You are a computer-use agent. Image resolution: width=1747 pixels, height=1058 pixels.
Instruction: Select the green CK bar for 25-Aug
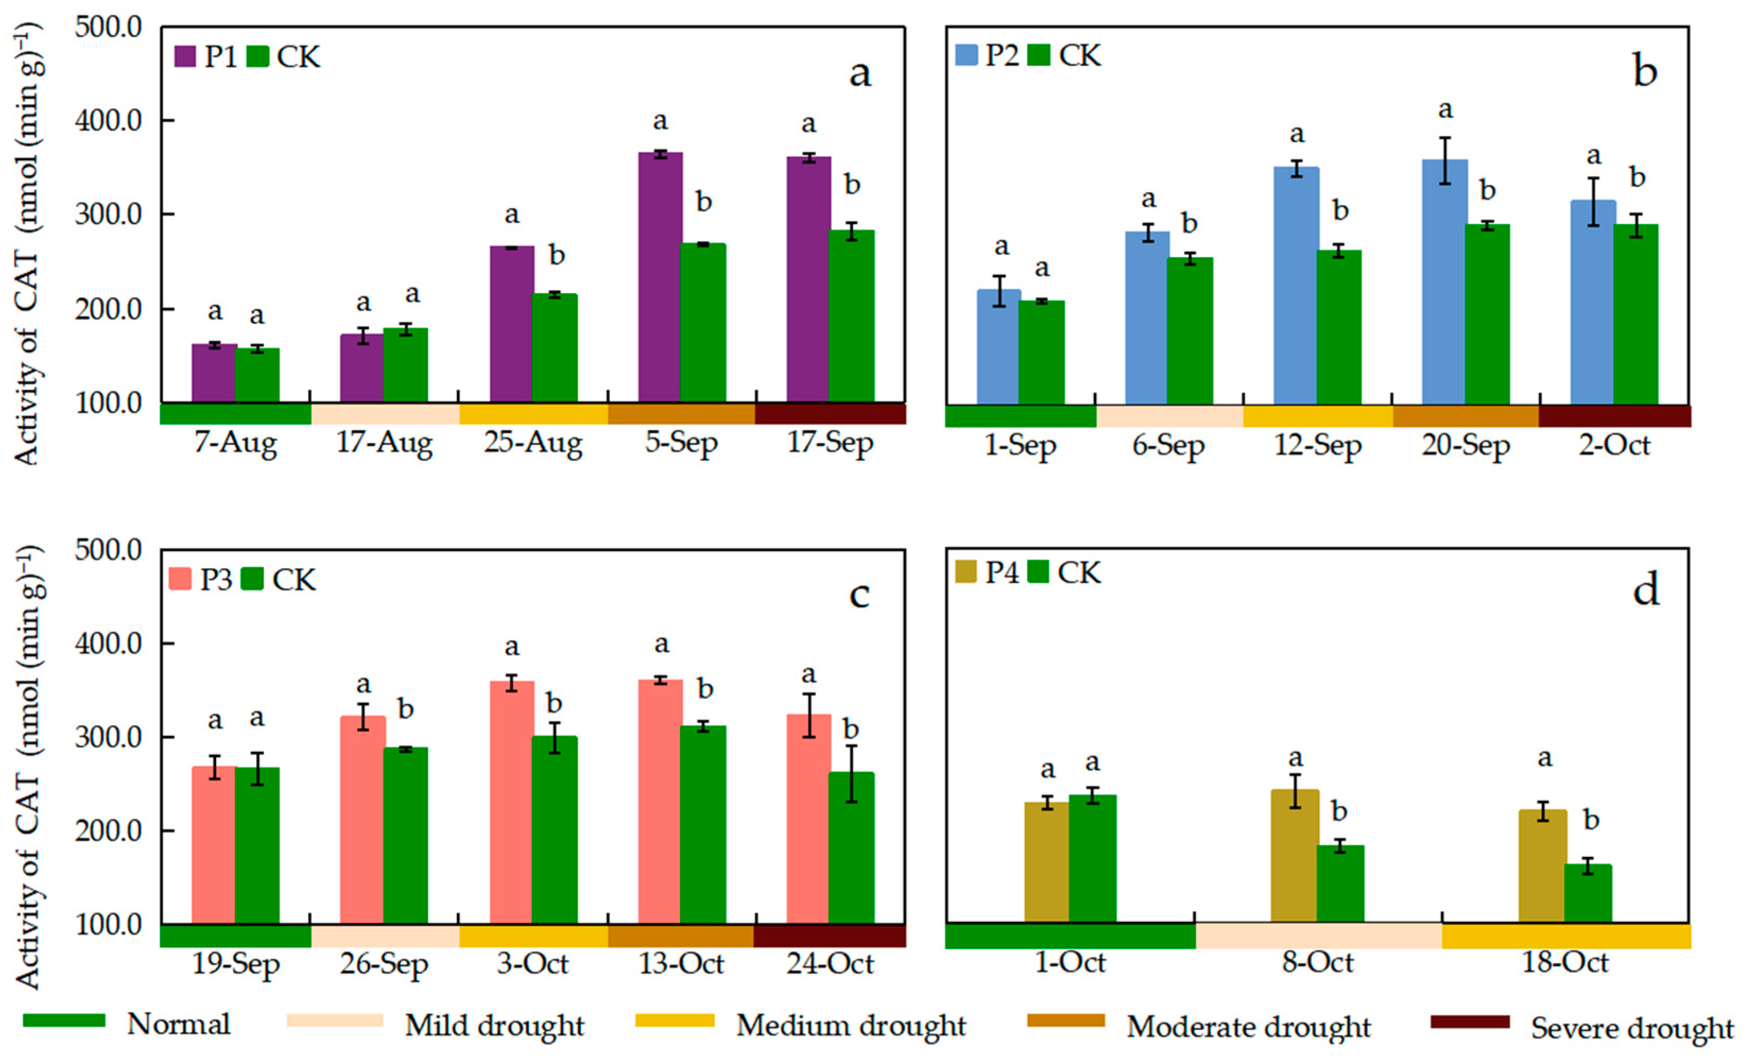555,348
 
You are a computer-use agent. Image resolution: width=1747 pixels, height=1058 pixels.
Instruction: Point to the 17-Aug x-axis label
384,443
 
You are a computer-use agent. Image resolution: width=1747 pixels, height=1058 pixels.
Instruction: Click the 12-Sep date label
1317,446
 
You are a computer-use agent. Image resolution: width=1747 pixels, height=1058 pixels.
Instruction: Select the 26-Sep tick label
384,965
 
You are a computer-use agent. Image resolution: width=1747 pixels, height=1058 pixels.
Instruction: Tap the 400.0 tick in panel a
108,121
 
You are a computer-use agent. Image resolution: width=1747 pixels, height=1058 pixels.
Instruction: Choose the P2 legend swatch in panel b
966,55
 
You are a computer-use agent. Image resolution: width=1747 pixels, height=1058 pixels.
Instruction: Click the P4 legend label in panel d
1001,572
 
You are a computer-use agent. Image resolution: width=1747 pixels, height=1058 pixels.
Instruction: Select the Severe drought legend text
1631,1028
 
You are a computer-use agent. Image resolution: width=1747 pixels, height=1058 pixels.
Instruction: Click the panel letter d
1646,590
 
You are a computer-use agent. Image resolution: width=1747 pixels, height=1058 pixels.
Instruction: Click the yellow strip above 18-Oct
1566,936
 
